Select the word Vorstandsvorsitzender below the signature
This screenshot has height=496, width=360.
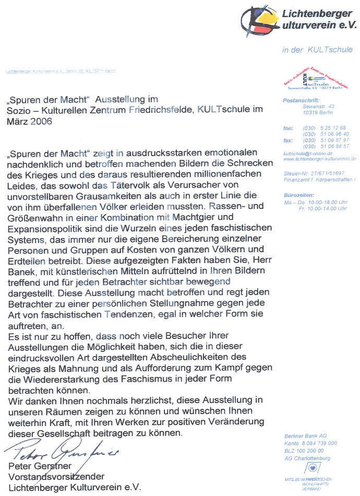[57, 476]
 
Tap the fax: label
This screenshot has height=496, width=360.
[287, 140]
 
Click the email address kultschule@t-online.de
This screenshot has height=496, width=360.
[304, 153]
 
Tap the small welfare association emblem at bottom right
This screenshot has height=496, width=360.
[311, 468]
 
